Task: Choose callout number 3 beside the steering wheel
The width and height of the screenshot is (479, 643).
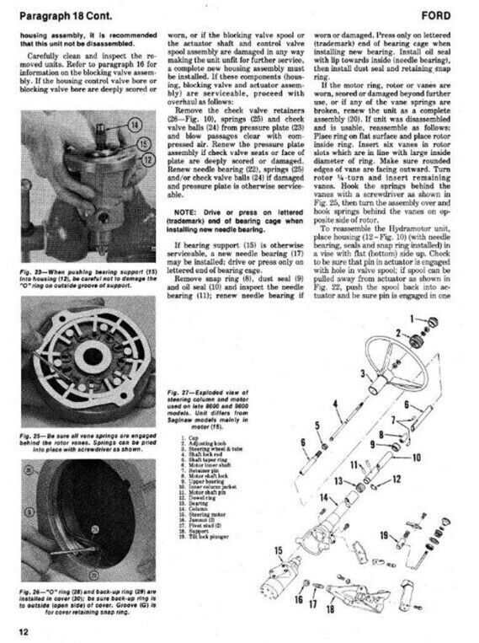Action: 363,372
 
